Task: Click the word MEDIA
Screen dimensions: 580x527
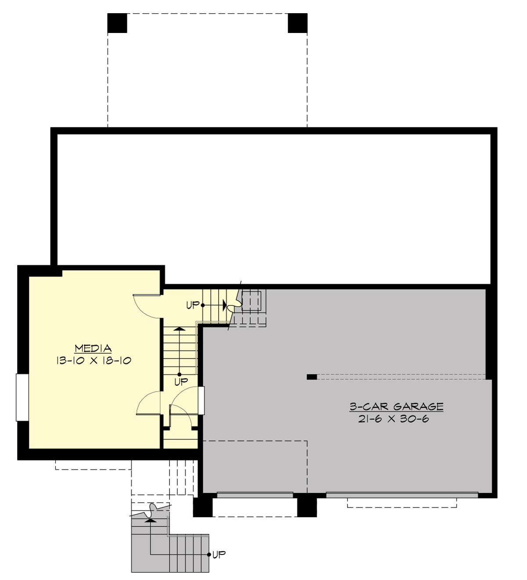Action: coord(93,348)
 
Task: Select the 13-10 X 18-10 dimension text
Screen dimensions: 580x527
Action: coord(93,361)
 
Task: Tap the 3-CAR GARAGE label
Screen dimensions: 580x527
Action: coord(396,407)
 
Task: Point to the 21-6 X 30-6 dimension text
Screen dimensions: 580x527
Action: coord(393,419)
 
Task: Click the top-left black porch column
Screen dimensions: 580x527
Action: coord(117,23)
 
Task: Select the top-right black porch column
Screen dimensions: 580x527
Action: coord(297,23)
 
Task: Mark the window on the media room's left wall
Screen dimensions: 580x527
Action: coord(22,397)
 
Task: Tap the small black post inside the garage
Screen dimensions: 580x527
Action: coord(311,377)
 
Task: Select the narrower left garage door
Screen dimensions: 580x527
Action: coord(255,495)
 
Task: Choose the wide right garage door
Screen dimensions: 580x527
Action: coord(402,495)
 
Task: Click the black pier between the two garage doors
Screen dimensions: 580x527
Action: coord(307,507)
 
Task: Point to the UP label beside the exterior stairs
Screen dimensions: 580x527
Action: coord(219,555)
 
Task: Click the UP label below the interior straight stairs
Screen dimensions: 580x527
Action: coord(181,381)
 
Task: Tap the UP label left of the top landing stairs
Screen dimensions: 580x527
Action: coord(193,304)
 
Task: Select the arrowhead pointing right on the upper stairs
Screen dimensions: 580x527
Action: coord(224,304)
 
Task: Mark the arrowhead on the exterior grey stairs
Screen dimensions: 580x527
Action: coord(151,520)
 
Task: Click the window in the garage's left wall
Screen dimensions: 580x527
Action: coord(201,400)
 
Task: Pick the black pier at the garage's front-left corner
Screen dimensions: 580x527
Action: coord(203,507)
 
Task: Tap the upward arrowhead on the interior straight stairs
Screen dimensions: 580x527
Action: coord(178,328)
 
